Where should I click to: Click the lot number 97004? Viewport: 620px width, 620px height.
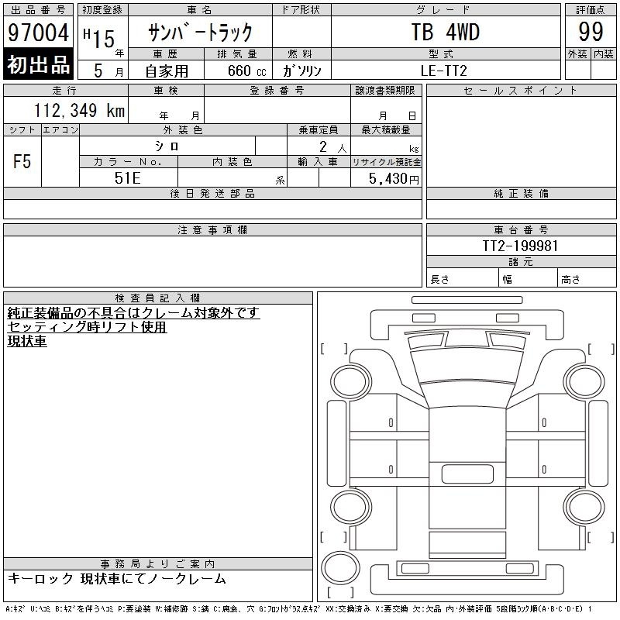click(38, 33)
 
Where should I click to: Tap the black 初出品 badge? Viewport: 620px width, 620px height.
click(38, 64)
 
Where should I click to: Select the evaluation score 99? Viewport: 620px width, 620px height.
click(591, 32)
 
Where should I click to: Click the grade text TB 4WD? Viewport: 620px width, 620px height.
click(446, 32)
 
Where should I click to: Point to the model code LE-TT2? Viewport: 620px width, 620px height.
click(444, 71)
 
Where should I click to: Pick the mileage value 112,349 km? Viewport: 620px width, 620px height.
click(80, 110)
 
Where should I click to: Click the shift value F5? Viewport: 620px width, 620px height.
click(22, 161)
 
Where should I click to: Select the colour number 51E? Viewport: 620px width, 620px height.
click(128, 178)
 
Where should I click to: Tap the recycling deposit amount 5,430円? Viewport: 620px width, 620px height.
click(394, 179)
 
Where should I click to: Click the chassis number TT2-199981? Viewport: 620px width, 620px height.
click(520, 246)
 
